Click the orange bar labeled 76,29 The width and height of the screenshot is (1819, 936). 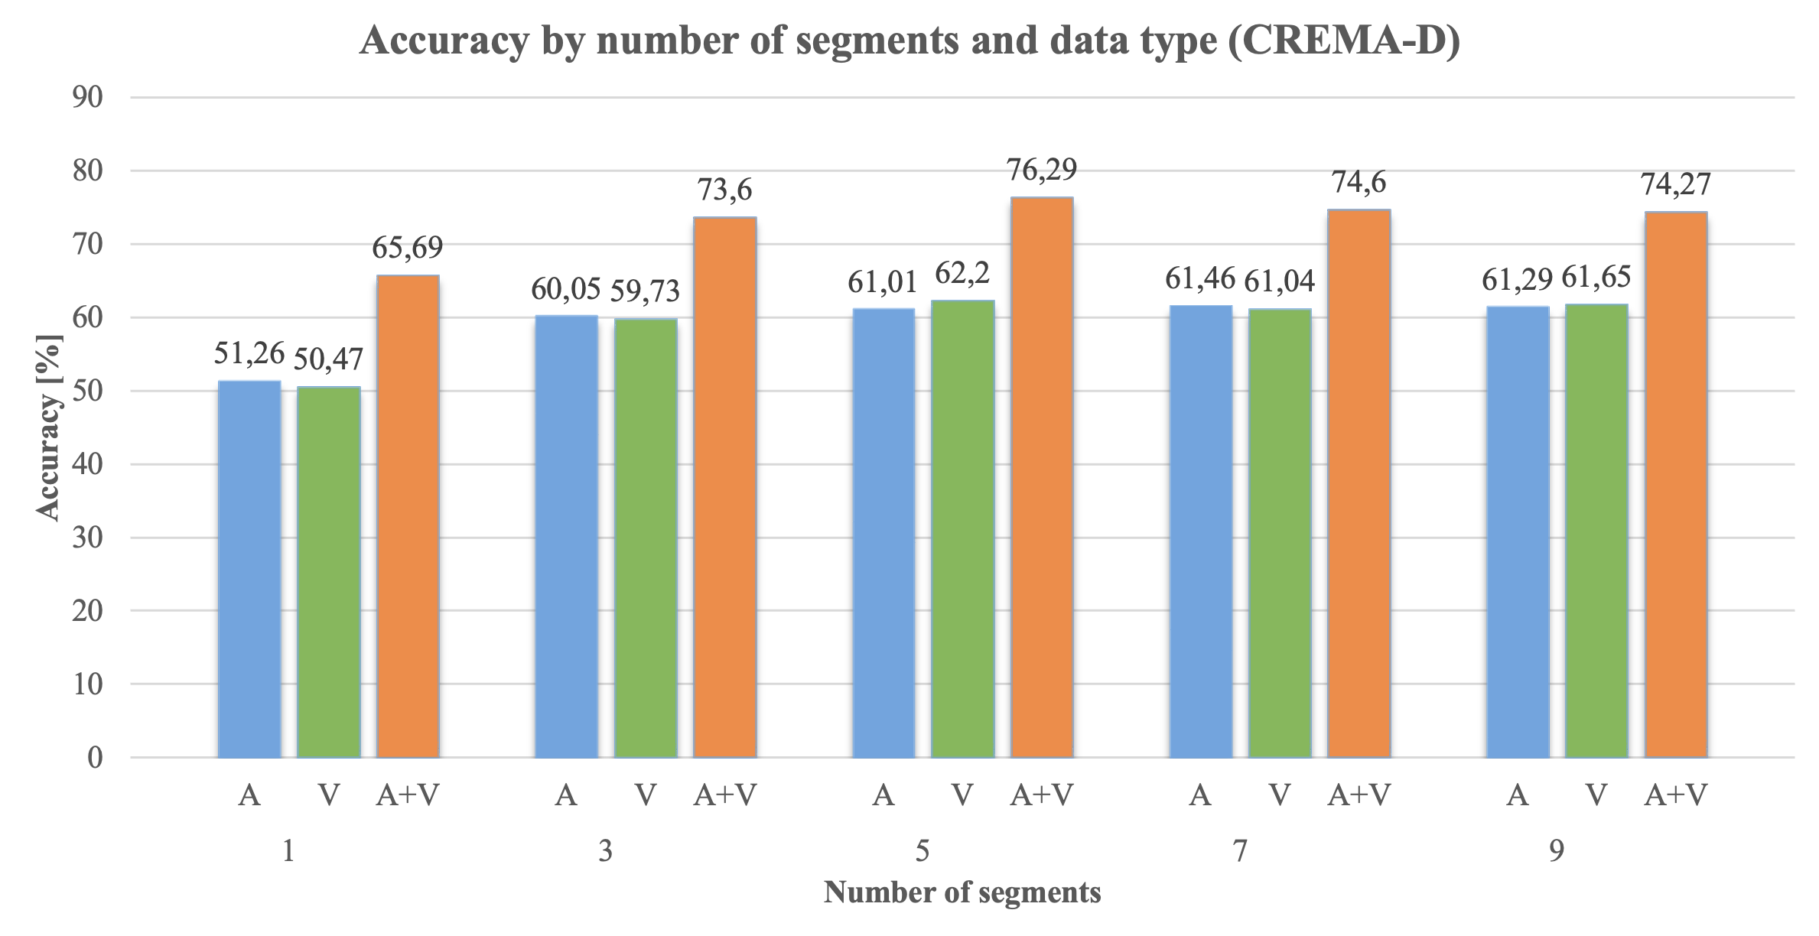tap(1041, 478)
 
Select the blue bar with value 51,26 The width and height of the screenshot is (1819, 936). tap(249, 570)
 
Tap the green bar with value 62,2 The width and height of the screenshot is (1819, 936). tap(962, 529)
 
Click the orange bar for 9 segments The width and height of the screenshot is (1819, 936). tap(1676, 485)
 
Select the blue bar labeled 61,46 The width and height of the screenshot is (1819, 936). tap(1201, 532)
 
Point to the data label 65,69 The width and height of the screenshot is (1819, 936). tap(407, 248)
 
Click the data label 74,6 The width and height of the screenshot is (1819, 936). tap(1359, 183)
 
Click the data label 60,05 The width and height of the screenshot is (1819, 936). tap(566, 290)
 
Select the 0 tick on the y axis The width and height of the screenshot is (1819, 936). tap(95, 758)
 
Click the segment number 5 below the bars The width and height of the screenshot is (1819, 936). tap(923, 851)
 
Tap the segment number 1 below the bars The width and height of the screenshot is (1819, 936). tap(288, 851)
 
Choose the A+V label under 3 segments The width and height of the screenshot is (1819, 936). tap(724, 796)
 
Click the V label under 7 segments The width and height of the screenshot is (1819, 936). tap(1280, 796)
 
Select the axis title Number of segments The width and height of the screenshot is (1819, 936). tap(962, 892)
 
